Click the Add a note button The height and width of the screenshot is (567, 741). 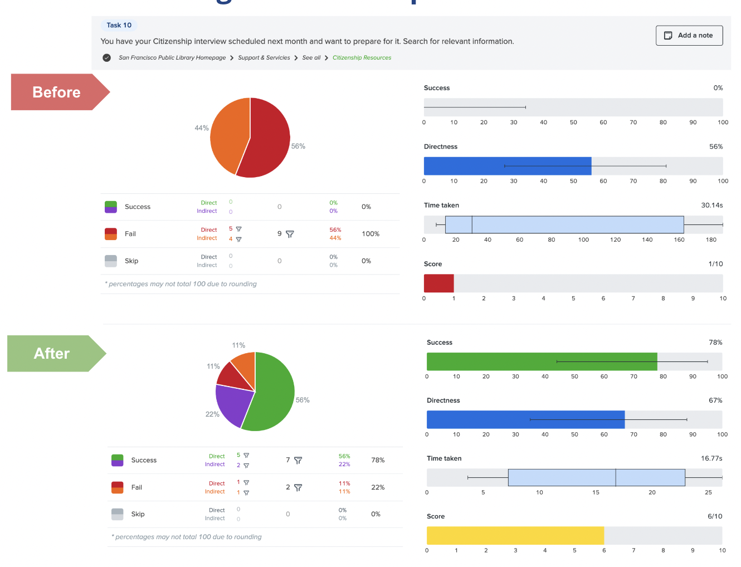689,36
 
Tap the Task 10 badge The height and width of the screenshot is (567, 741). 119,25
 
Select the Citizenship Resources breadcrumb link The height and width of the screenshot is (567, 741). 362,58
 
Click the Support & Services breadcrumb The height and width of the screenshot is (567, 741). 264,58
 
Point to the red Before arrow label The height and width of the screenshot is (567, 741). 57,92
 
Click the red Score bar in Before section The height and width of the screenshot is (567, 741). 438,283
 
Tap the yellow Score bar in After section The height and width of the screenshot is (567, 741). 515,536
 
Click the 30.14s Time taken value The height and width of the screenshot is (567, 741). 711,206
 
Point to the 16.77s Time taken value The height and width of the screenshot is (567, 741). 711,458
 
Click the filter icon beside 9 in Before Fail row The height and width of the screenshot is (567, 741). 290,234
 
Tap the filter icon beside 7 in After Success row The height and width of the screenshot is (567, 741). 298,461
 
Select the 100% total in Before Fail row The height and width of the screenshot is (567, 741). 370,234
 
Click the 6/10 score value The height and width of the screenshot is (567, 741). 714,516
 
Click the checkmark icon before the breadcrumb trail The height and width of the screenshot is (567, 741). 106,58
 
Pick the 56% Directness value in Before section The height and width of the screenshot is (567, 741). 715,147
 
